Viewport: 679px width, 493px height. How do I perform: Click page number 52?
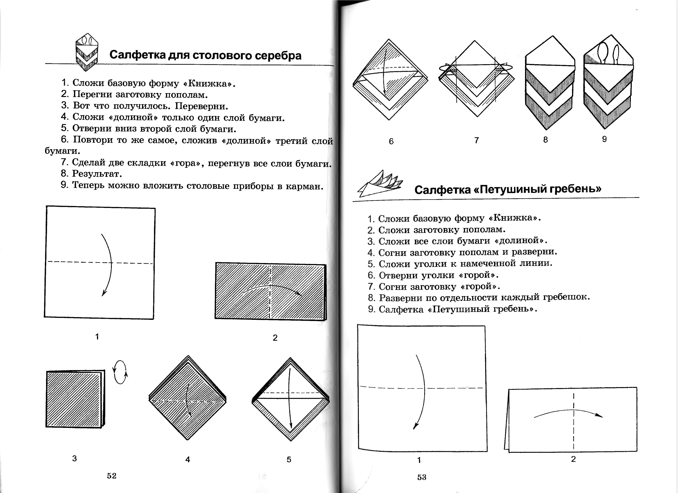[111, 476]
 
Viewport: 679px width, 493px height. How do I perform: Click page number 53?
[422, 477]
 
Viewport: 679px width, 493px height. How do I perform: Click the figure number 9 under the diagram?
[604, 139]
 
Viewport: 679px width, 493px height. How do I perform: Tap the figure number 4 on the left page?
[187, 459]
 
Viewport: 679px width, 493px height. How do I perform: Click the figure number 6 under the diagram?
[391, 141]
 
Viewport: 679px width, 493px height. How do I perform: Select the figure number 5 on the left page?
[289, 459]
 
